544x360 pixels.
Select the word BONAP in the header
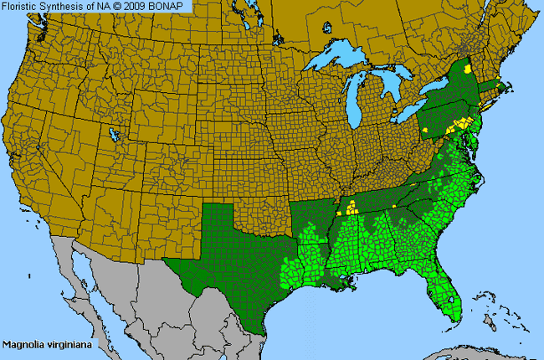[178, 7]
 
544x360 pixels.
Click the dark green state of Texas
[230, 251]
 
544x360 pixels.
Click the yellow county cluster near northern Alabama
[352, 207]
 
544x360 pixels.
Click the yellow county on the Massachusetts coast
[502, 85]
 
